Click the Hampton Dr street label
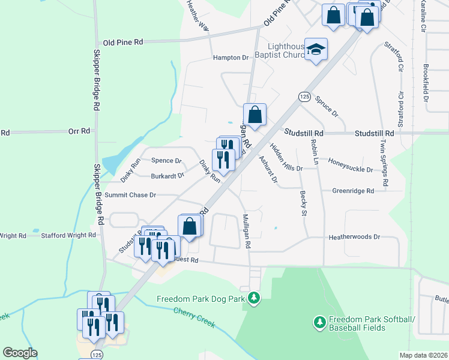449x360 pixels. pyautogui.click(x=231, y=58)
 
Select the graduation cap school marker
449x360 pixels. pyautogui.click(x=315, y=50)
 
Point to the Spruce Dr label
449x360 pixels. pyautogui.click(x=327, y=104)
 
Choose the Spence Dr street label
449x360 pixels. pyautogui.click(x=166, y=161)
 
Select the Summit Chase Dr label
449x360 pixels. pyautogui.click(x=130, y=195)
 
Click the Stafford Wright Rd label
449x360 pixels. pyautogui.click(x=68, y=236)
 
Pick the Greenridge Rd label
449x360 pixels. pyautogui.click(x=353, y=191)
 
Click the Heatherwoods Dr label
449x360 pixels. pyautogui.click(x=355, y=237)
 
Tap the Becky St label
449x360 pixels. pyautogui.click(x=303, y=204)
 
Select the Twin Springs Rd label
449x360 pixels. pyautogui.click(x=384, y=162)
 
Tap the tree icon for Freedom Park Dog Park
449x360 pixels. pyautogui.click(x=255, y=298)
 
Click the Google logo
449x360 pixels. pyautogui.click(x=20, y=353)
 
